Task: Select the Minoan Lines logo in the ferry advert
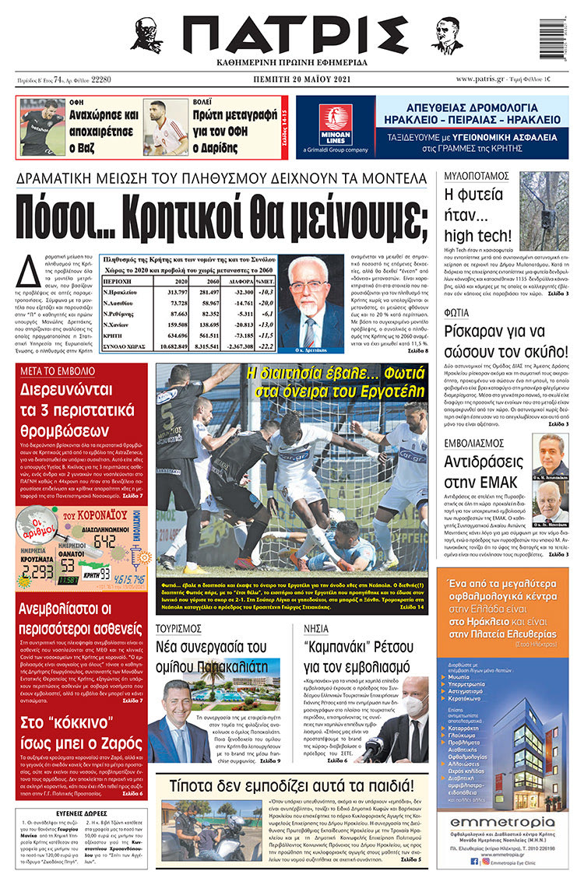[x=336, y=126]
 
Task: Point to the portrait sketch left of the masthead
[x=146, y=35]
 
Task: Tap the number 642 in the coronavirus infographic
[x=104, y=540]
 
